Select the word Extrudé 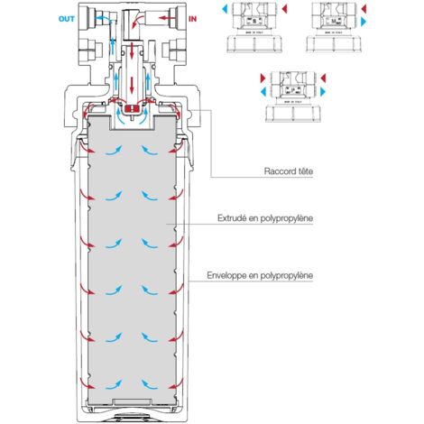point(234,219)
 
